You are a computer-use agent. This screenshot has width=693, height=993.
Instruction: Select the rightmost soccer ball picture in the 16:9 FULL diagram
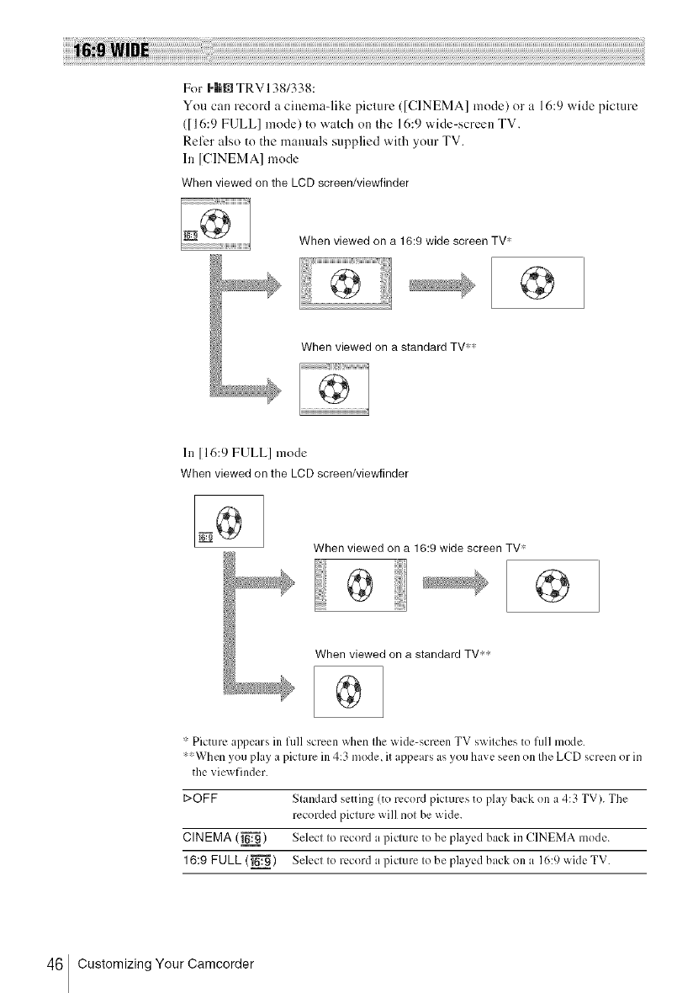(552, 584)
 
